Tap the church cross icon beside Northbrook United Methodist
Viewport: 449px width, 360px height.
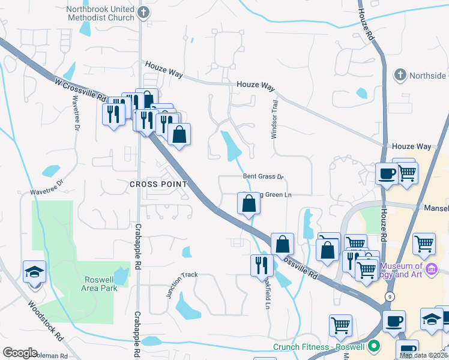(x=143, y=12)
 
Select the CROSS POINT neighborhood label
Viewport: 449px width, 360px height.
(x=158, y=184)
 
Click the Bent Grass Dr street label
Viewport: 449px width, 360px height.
(x=262, y=176)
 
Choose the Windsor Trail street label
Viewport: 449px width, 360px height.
(x=275, y=119)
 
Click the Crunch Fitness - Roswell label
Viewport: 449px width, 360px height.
(x=318, y=347)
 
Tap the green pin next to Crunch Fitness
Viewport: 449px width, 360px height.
(x=375, y=346)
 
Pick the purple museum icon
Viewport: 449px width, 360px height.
(x=432, y=271)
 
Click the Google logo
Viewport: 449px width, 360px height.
(x=20, y=353)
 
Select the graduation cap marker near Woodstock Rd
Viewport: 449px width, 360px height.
(x=34, y=271)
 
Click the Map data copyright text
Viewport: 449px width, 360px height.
(x=423, y=355)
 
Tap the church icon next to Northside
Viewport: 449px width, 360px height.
(x=400, y=75)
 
